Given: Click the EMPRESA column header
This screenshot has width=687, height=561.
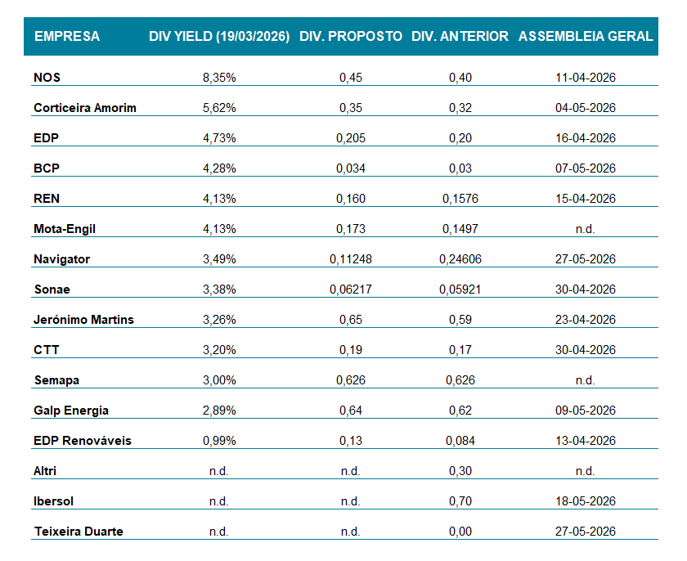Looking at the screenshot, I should point(67,36).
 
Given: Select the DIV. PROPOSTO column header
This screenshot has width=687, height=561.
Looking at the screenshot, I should point(351,36).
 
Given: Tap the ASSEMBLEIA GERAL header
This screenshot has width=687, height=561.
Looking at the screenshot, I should point(586,36).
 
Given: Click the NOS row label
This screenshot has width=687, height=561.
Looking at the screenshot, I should point(47,78).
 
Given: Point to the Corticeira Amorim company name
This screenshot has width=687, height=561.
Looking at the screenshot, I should point(85,108).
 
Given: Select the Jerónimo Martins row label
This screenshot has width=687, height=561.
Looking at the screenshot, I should point(83,320).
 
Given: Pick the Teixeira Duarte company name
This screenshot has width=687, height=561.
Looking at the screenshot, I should point(79,532).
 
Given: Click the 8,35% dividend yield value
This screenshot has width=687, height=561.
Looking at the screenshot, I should point(219,78).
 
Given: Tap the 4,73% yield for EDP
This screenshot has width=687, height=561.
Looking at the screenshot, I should point(219,138).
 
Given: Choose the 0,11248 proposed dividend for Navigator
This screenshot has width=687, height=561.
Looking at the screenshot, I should point(351,259).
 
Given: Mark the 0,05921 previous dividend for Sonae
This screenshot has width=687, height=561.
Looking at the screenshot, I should point(460,289).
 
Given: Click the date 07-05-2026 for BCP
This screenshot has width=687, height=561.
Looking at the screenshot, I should point(585,168).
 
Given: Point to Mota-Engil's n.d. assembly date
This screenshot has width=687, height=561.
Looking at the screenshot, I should point(585,229).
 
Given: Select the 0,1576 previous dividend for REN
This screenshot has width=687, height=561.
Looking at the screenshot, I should point(460,199).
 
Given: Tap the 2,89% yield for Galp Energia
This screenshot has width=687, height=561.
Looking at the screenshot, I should point(219,411).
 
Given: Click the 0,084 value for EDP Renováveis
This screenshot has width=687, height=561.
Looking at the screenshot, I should point(460,441).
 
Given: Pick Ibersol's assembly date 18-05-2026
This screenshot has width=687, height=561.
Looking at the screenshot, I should point(585,501).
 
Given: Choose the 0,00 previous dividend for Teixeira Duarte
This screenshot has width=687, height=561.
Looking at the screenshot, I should point(460,532).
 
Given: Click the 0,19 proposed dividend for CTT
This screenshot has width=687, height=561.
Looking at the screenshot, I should point(351,350).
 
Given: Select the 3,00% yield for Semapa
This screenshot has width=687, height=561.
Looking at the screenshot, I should point(219,380).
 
